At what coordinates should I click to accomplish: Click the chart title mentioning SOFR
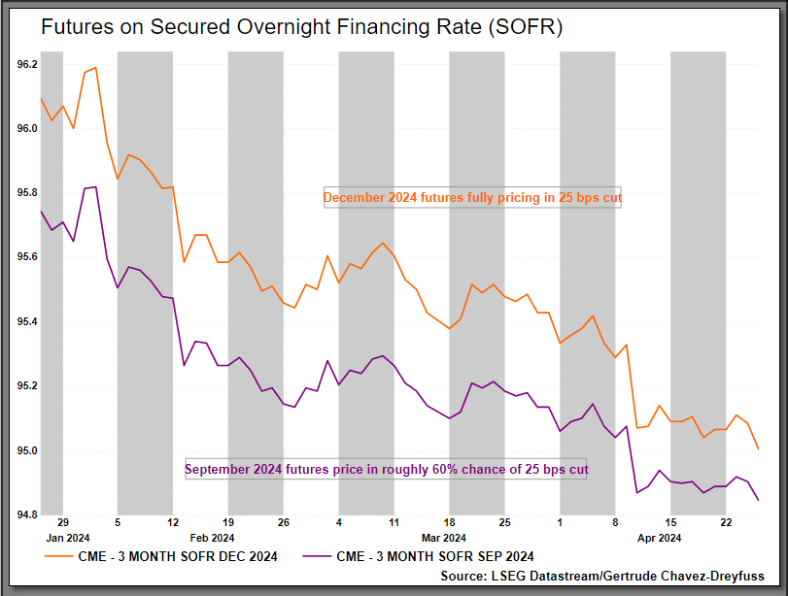click(x=301, y=27)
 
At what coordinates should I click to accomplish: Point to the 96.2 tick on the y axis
click(x=27, y=64)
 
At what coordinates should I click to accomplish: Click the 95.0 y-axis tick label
click(x=27, y=450)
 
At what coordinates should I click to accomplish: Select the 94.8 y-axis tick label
click(x=27, y=514)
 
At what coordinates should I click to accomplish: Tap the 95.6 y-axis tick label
click(x=27, y=257)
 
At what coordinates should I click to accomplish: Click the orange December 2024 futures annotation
click(x=472, y=198)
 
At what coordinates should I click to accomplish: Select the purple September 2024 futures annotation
click(x=386, y=470)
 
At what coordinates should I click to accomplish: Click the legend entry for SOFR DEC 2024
click(x=161, y=556)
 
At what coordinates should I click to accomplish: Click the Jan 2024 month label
click(x=67, y=537)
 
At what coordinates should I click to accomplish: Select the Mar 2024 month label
click(x=444, y=537)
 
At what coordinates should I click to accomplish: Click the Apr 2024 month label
click(x=659, y=537)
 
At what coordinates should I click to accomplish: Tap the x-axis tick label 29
click(x=62, y=521)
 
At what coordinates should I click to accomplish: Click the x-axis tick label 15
click(x=670, y=521)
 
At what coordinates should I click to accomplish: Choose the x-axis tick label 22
click(x=726, y=521)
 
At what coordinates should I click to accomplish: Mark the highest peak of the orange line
click(x=95, y=68)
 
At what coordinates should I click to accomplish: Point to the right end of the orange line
click(x=758, y=449)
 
